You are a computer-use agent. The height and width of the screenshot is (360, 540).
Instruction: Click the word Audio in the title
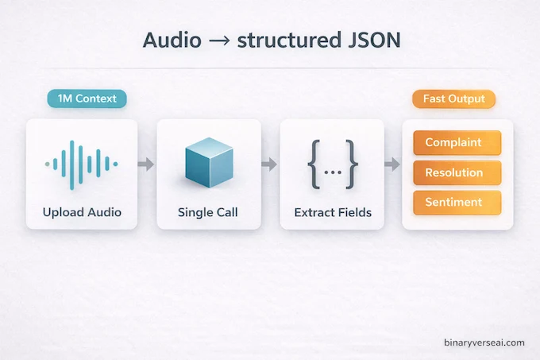click(x=172, y=41)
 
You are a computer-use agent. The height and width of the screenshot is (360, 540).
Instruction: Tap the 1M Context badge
click(x=87, y=99)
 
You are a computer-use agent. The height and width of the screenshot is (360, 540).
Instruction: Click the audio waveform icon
click(x=81, y=165)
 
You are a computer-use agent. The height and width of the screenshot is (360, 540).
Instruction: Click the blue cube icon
click(x=209, y=162)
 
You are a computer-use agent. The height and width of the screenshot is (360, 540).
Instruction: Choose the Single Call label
click(x=209, y=212)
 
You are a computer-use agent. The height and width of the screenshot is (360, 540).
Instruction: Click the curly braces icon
click(x=333, y=165)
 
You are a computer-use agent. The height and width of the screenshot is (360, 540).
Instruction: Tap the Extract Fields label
click(x=333, y=212)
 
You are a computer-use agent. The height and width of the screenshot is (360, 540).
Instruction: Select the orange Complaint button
click(x=457, y=143)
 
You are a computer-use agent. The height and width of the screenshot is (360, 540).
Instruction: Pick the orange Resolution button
click(x=457, y=172)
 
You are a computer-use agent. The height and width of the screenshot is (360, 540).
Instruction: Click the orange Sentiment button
click(x=457, y=203)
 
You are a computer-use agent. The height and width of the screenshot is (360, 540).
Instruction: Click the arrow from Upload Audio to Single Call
click(x=145, y=165)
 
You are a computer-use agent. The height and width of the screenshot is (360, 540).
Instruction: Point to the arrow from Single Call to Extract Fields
click(x=269, y=165)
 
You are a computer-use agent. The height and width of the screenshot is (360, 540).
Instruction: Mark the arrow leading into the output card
click(x=392, y=165)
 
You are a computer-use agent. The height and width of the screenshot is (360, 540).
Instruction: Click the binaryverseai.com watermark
click(x=484, y=343)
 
